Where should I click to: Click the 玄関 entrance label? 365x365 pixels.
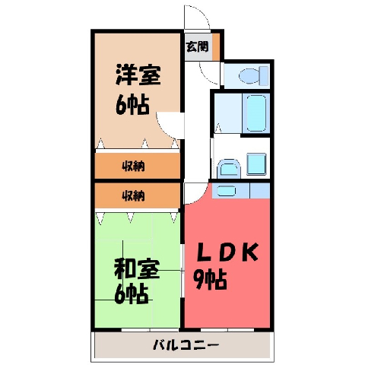(197, 46)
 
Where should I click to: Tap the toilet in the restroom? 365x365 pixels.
(254, 75)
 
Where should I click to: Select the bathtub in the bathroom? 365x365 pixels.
(256, 113)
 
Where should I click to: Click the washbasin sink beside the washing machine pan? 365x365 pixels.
(229, 167)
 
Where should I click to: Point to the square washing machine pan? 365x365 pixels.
(256, 164)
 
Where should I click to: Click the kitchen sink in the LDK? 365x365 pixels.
(226, 191)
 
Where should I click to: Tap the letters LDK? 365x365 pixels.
(228, 252)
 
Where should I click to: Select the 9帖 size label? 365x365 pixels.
(210, 279)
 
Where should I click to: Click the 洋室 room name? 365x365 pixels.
(138, 75)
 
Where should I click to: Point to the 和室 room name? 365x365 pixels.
(137, 268)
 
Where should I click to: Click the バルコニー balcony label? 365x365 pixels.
(186, 345)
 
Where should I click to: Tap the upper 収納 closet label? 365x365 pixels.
(134, 167)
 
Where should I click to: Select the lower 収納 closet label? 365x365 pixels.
(134, 195)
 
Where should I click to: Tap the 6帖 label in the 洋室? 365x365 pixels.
(132, 104)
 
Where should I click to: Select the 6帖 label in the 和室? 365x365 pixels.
(131, 294)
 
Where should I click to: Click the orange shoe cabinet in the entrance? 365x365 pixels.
(216, 46)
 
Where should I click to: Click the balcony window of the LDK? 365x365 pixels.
(227, 330)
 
